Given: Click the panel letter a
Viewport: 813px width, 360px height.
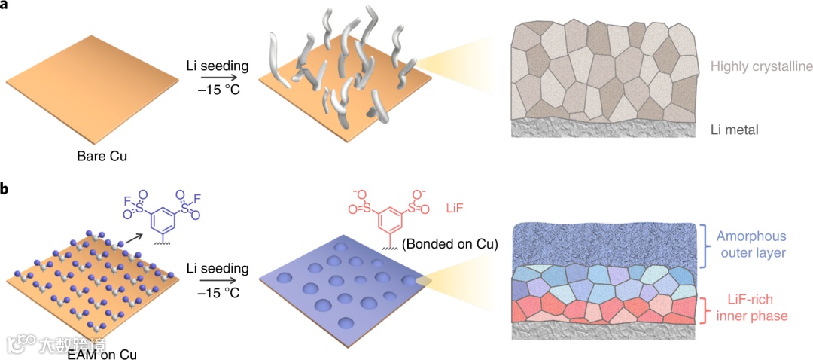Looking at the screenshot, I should (6, 6).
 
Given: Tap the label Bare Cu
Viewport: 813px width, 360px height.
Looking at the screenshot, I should (102, 157).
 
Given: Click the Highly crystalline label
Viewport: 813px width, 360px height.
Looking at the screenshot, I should (761, 67).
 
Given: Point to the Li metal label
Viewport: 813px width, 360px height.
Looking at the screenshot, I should (734, 130).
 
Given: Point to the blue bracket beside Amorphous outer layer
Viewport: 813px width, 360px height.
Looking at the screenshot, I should (705, 245).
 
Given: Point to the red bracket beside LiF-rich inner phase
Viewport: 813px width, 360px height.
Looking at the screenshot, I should (705, 310).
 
